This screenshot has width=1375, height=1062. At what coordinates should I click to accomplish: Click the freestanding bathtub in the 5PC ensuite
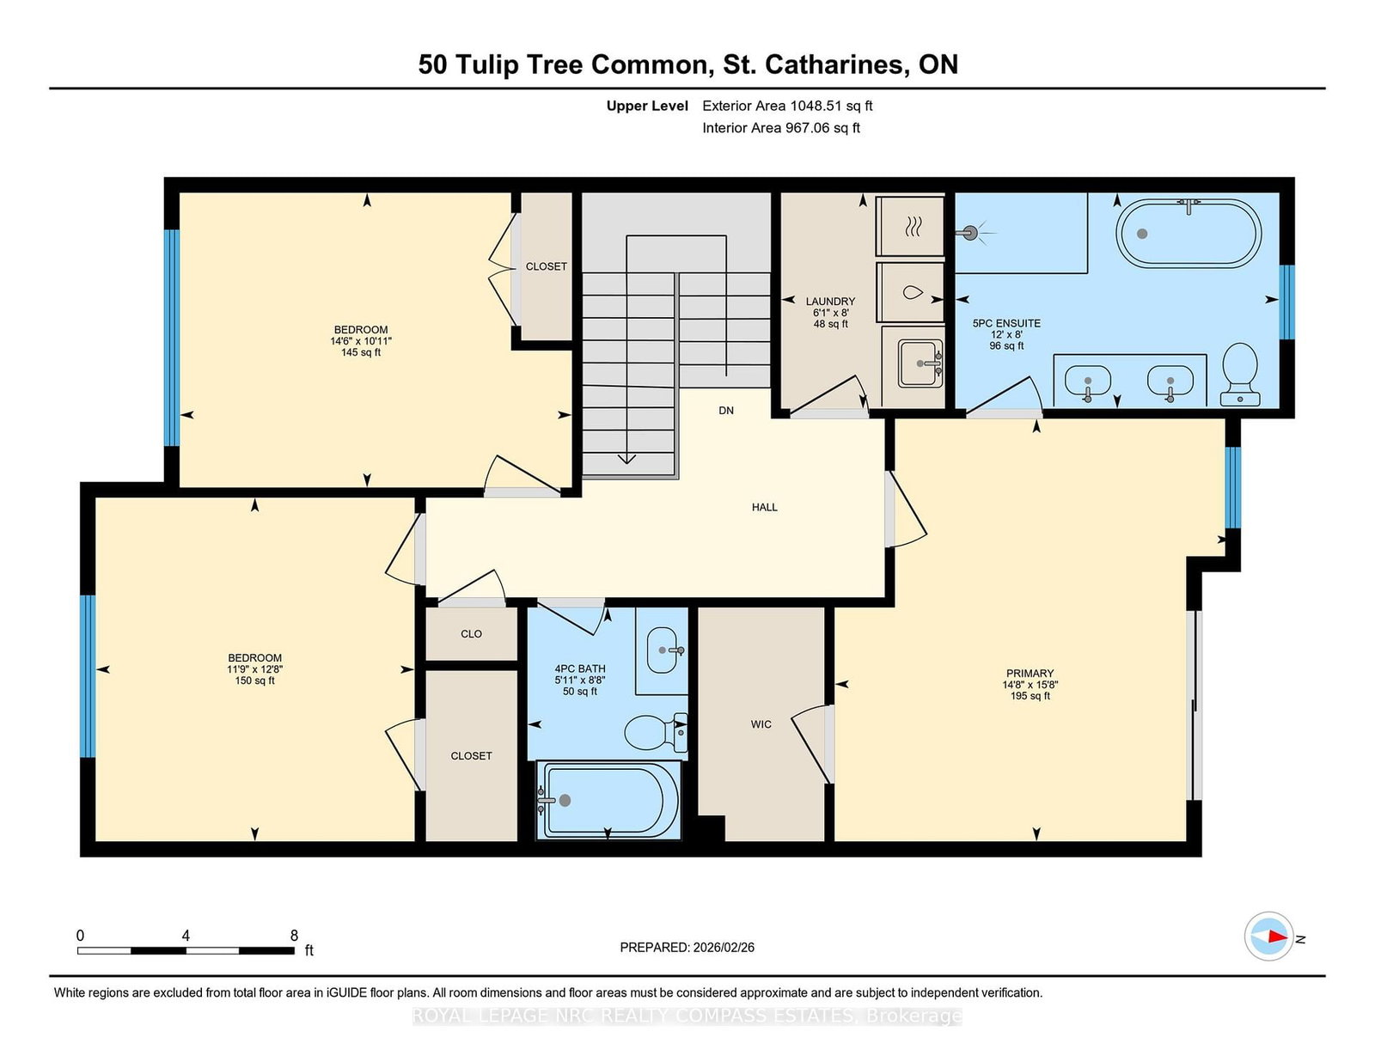(x=1188, y=234)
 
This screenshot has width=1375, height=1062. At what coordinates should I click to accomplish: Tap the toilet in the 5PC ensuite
(x=1240, y=374)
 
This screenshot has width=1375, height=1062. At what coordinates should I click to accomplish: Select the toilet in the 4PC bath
(x=656, y=732)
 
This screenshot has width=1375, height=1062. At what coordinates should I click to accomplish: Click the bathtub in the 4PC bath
(x=608, y=800)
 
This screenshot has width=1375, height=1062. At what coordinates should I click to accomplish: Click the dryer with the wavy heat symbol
(x=911, y=226)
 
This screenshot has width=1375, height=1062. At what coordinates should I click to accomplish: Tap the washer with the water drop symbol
(x=911, y=292)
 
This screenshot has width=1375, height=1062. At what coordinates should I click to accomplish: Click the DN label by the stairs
(x=726, y=411)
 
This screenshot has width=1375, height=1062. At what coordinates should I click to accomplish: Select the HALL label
(x=764, y=507)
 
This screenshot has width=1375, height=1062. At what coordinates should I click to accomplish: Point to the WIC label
(x=761, y=724)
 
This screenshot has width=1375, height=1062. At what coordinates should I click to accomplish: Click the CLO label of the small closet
(x=472, y=634)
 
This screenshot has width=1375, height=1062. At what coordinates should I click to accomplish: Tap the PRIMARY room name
(x=1030, y=673)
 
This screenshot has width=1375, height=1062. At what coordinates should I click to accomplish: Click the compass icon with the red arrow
(x=1268, y=937)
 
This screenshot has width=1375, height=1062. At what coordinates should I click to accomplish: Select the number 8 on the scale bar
(x=294, y=935)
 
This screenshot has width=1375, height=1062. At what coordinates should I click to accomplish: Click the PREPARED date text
(x=687, y=947)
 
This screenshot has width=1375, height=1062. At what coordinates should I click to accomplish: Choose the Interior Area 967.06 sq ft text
(x=781, y=128)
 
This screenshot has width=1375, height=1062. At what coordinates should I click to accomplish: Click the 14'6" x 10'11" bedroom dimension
(x=361, y=341)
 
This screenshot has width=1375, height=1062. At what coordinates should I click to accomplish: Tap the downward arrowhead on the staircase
(x=626, y=459)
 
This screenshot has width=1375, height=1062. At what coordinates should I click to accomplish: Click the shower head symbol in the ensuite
(x=971, y=234)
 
